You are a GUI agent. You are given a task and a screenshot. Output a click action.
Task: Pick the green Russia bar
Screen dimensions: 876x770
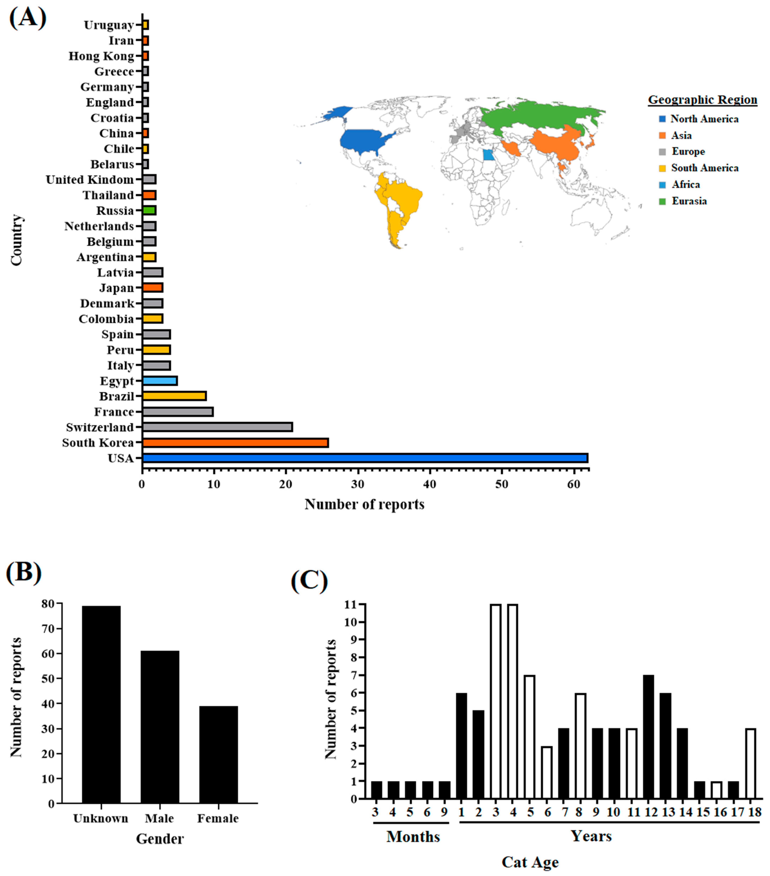point(149,210)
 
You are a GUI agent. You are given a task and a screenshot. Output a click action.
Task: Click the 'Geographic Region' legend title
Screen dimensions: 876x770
point(702,99)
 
